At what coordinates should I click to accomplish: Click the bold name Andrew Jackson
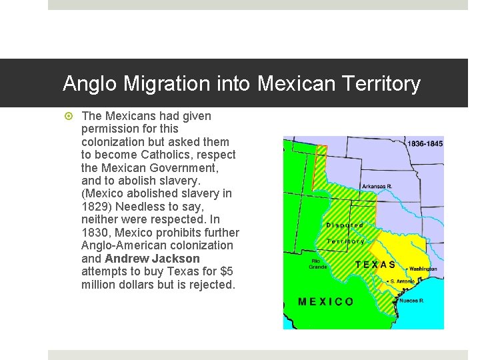coord(152,259)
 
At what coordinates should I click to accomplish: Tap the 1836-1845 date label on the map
coord(425,143)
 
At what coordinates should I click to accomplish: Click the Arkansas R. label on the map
coord(377,186)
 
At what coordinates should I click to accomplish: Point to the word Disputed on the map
coord(345,225)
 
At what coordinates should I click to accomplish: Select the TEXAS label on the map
coord(375,265)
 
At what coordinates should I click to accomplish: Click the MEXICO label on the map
coord(326,301)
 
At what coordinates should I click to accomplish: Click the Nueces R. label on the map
coord(412,301)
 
